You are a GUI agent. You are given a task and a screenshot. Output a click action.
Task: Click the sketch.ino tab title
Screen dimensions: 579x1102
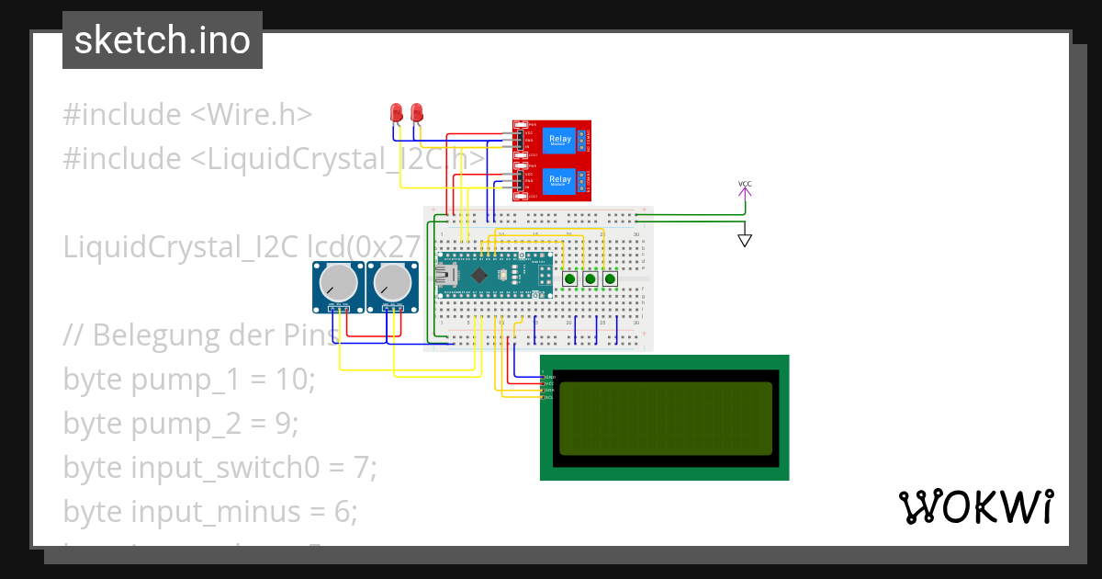(162, 40)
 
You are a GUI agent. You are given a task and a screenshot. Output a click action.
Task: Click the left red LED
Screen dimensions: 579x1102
(397, 113)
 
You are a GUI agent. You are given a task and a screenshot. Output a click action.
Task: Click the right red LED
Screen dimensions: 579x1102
(417, 113)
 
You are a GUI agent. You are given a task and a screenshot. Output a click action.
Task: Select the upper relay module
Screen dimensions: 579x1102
(552, 141)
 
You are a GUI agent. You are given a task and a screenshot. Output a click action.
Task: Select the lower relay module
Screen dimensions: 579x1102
(552, 180)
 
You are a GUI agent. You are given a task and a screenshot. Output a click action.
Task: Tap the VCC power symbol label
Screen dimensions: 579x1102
(745, 185)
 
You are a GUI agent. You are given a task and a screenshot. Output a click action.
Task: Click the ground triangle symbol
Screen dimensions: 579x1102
(745, 241)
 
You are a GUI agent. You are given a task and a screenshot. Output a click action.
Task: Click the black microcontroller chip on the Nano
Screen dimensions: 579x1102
(480, 274)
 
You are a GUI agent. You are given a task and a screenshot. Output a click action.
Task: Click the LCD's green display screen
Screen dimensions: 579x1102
(665, 418)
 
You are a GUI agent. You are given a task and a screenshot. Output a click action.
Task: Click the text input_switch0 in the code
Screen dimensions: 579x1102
(224, 467)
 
